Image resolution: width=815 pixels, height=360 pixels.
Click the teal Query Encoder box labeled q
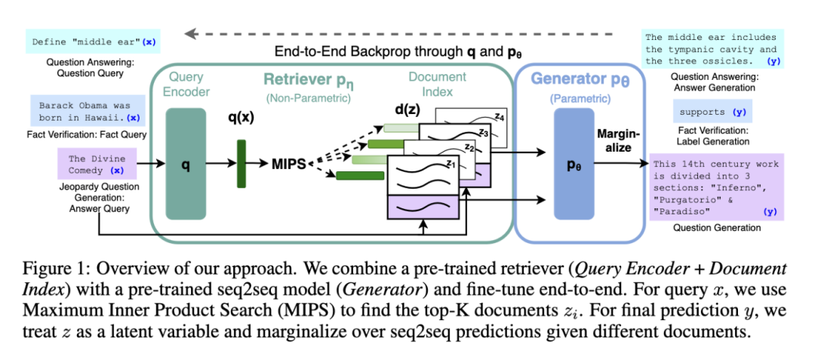click(186, 162)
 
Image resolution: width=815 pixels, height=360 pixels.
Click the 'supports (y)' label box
click(713, 112)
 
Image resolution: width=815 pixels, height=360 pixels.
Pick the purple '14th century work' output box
click(716, 187)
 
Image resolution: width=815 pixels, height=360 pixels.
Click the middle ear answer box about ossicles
click(712, 48)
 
